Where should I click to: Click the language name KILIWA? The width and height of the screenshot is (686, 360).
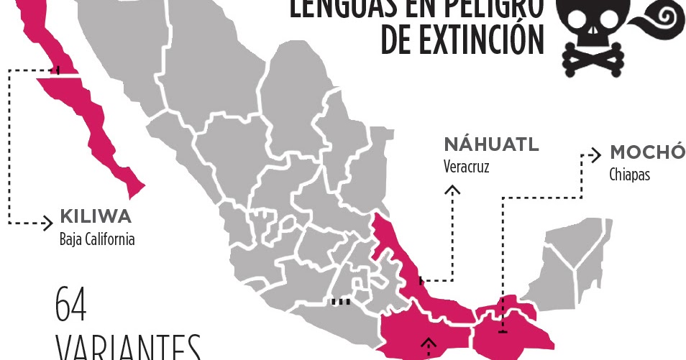coord(95,216)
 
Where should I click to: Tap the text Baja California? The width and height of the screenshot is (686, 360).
coord(96,239)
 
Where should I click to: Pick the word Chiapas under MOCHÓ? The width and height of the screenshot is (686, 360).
coord(629,175)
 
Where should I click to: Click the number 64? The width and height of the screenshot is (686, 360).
coord(71,305)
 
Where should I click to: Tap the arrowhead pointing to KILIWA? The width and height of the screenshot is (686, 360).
coord(48,222)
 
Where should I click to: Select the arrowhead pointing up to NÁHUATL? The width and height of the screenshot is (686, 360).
coord(452,190)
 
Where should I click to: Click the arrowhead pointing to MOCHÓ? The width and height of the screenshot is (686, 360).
coord(595,154)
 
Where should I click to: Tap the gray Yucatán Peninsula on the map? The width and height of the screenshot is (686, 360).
coord(575,259)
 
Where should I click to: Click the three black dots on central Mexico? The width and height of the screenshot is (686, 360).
coord(340,302)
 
